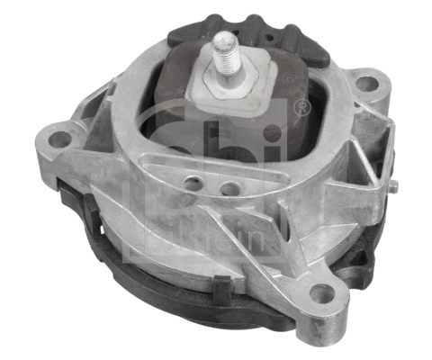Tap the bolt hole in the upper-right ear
(x=366, y=84)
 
